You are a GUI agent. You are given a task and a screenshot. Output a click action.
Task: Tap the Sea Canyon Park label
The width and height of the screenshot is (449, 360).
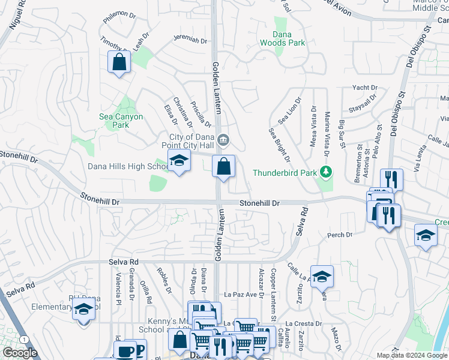point(121,121)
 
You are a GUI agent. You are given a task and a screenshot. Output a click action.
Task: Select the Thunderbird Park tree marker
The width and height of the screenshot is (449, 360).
point(326,173)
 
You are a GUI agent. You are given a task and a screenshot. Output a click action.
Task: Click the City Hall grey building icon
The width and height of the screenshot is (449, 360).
point(223,140)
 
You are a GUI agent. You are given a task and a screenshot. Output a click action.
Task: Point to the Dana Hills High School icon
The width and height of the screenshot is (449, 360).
point(178,161)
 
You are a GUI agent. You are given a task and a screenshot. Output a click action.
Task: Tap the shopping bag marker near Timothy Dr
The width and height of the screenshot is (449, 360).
point(119,61)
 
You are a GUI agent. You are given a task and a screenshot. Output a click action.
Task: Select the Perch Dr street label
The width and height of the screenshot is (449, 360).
point(340,235)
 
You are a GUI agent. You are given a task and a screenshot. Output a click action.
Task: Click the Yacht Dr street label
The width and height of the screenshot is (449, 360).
point(364,88)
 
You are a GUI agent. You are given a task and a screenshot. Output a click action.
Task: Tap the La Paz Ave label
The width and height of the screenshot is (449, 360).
point(244,295)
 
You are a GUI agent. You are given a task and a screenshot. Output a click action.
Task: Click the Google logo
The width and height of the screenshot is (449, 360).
point(20,353)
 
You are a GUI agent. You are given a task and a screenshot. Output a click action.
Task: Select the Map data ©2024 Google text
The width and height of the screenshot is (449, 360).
point(411,355)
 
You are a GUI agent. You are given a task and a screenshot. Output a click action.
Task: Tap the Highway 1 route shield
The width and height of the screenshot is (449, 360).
point(23,340)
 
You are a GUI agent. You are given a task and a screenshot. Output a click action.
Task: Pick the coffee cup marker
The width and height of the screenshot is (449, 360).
point(125,351)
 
